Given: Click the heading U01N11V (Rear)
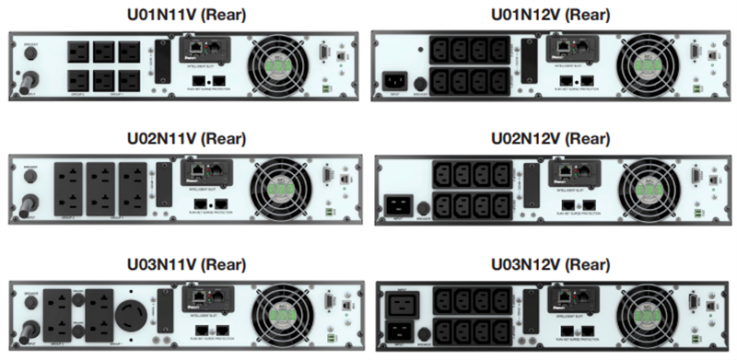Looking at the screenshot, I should coord(185,15).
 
